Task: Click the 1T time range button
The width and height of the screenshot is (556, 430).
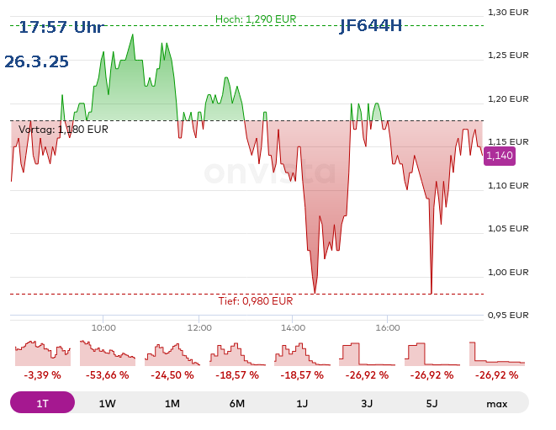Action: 42,403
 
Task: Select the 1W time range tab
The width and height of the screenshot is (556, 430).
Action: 107,403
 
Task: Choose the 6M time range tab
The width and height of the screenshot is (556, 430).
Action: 237,403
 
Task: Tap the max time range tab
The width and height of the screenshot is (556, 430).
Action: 496,403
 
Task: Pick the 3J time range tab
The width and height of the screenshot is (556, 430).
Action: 367,403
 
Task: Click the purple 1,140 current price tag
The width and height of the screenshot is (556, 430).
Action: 499,155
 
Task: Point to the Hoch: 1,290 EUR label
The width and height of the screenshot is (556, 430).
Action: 256,19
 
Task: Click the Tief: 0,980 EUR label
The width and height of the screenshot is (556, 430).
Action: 256,300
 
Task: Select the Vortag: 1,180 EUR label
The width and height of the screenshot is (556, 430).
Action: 63,130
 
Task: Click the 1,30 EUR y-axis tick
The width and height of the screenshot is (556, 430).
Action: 508,12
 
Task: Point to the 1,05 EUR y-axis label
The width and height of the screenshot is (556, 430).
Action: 508,228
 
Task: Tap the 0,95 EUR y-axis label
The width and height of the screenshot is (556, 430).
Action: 508,315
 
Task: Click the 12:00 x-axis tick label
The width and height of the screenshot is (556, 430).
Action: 199,327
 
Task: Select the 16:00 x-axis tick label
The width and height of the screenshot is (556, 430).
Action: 387,327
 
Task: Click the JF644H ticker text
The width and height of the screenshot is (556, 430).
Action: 370,25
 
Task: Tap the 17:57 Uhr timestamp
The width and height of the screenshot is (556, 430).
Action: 61,27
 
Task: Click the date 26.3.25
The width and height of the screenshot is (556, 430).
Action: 36,61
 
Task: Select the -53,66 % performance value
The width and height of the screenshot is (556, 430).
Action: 107,375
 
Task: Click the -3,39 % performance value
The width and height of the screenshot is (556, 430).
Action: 42,375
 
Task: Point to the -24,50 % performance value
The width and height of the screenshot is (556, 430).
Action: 172,375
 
